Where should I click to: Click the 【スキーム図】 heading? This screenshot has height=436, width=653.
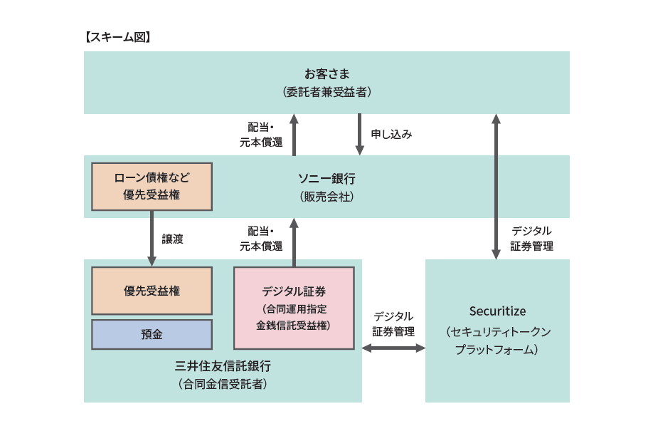pos(117,37)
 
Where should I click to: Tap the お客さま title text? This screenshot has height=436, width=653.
pos(326,73)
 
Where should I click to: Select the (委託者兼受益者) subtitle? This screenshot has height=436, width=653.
pos(326,92)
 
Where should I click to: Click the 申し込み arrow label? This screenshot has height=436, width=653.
pos(391,134)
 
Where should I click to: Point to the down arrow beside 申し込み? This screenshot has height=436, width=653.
pos(359,135)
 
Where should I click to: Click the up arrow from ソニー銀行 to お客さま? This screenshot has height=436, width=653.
pos(294,135)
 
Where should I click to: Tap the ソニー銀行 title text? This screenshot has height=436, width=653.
pos(326,178)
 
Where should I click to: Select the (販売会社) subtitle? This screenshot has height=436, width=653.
pos(326,196)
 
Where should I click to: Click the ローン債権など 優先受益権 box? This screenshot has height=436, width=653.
pos(152,186)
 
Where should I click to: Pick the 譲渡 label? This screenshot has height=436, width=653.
pos(173,239)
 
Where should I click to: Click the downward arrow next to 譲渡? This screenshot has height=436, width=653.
pos(152,239)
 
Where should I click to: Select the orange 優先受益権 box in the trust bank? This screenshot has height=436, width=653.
pos(152,291)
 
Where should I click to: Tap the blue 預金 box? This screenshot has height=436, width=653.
pos(152,334)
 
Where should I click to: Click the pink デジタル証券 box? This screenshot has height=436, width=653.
pos(294,307)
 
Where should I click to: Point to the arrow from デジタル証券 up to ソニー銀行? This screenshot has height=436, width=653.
pos(294,242)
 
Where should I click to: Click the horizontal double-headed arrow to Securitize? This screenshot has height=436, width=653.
pos(393,348)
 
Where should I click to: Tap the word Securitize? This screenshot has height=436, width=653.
pos(497,311)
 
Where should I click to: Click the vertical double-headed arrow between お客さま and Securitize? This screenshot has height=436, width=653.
pos(497,187)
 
